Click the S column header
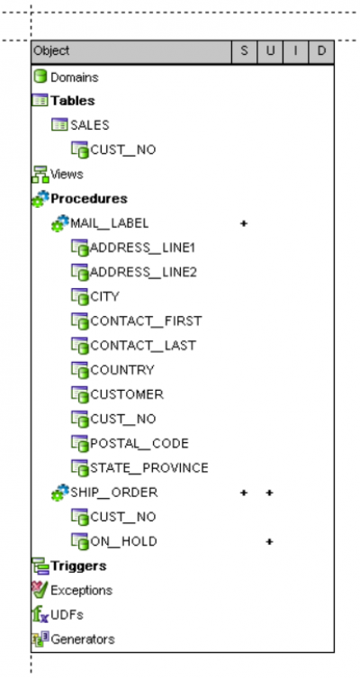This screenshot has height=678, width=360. pos(244,51)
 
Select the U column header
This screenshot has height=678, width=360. pos(270,51)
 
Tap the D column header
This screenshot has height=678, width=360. pos(321,51)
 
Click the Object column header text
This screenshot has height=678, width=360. pos(51,51)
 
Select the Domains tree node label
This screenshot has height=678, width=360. pos(75,77)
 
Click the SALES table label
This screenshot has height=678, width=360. pos(90,125)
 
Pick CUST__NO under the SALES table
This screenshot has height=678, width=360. pos(123,149)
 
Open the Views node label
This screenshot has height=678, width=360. pos(67,175)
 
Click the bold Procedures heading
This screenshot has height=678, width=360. pos(89,198)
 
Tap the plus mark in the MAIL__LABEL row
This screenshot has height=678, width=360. pos(244,223)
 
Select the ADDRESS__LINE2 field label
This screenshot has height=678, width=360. pos(143,272)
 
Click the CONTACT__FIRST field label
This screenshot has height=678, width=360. pos(146,321)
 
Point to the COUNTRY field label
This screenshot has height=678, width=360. pos(122,370)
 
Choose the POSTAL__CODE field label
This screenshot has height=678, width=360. pos(139,444)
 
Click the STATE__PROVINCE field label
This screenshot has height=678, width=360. pos(149,468)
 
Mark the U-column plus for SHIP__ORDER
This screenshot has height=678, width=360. pos(269,493)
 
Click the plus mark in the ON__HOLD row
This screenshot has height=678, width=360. pos(269,542)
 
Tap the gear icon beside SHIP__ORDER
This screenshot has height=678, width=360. pos(60,493)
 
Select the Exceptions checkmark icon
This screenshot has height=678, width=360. pos(40,590)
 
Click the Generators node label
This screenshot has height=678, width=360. pos(83,639)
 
